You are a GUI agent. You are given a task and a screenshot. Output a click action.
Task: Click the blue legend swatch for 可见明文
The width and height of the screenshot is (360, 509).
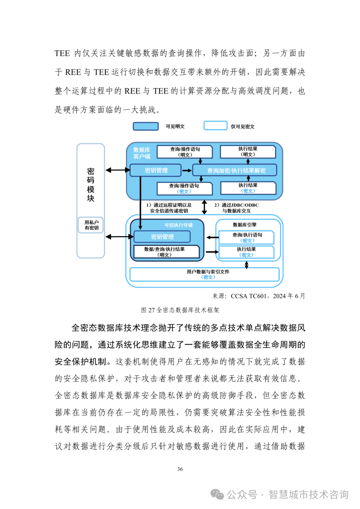[146, 126]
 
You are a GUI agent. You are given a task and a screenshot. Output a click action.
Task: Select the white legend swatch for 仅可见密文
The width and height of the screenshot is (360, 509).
[215, 126]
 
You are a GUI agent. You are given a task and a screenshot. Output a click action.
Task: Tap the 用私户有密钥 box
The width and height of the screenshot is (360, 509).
[91, 225]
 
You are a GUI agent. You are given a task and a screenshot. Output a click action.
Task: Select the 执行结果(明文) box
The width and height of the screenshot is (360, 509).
[248, 152]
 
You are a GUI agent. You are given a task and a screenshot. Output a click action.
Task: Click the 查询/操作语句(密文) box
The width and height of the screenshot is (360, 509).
[184, 189]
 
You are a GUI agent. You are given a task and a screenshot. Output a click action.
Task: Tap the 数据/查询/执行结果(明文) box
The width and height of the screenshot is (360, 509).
[165, 252]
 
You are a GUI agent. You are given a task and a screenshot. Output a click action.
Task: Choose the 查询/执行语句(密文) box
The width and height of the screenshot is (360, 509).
[247, 238]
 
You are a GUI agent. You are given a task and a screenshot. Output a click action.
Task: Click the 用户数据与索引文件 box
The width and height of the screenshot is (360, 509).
[204, 274]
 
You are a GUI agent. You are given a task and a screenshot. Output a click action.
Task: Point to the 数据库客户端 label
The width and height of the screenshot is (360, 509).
[141, 153]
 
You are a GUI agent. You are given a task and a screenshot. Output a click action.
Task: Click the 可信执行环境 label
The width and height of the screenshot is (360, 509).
[179, 225]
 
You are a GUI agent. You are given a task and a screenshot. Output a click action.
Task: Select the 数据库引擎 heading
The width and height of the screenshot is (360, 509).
[244, 225]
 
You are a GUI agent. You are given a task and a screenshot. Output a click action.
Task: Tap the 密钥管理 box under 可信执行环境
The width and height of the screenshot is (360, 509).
[162, 237]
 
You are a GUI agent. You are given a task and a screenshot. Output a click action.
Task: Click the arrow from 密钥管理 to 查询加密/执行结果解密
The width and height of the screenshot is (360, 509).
[187, 170]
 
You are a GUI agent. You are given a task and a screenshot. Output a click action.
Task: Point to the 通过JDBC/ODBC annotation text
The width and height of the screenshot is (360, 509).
[237, 208]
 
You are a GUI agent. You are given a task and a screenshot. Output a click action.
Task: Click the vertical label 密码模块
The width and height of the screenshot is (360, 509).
[91, 185]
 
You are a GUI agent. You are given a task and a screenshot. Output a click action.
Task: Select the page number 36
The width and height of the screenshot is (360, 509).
[180, 469]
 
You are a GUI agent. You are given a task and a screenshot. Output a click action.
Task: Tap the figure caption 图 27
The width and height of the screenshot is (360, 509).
[180, 310]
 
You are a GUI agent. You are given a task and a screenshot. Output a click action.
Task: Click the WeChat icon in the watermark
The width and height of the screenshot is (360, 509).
[217, 494]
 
